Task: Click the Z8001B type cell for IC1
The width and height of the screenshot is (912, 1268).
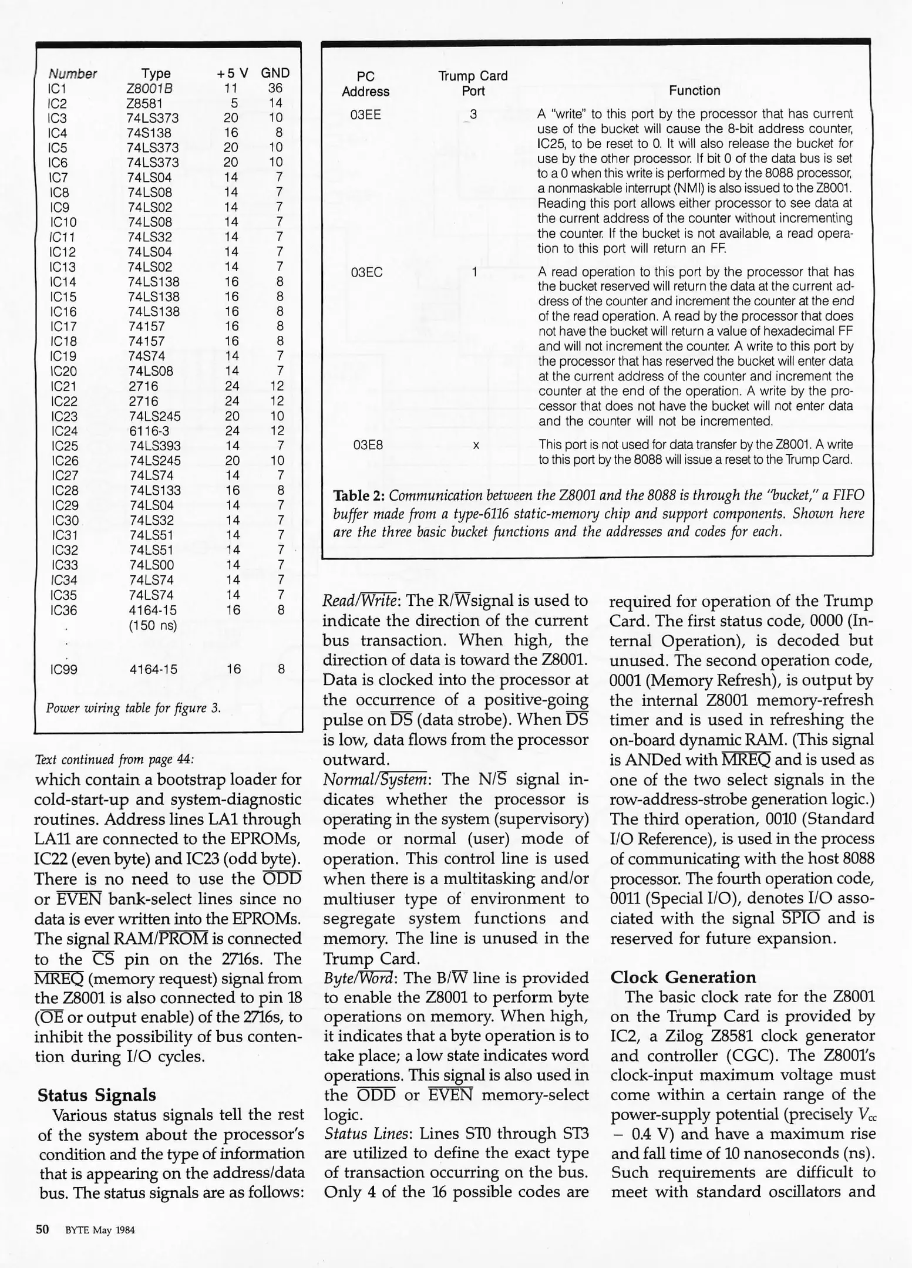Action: (x=149, y=88)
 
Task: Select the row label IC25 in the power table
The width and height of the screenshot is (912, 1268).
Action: (x=65, y=446)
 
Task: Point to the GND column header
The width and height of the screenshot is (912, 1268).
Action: (x=275, y=73)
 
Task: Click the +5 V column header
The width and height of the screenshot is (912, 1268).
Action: (x=232, y=73)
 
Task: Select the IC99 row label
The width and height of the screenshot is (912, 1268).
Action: (x=64, y=669)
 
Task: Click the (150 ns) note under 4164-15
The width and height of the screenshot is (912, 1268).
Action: (x=152, y=626)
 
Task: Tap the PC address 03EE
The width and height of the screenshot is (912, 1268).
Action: (x=365, y=114)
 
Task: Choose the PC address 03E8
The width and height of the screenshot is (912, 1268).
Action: (x=368, y=445)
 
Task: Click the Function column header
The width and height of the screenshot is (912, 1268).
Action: (x=694, y=90)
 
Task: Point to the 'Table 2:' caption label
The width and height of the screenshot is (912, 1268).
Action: (x=359, y=495)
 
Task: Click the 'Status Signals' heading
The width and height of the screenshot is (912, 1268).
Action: (x=97, y=1095)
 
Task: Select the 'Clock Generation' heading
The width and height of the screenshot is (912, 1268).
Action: (x=683, y=977)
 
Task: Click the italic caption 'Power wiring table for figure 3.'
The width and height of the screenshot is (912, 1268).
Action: (x=133, y=708)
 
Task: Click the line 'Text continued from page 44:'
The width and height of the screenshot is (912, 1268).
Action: (x=115, y=759)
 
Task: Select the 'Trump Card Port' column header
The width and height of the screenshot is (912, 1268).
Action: (x=473, y=83)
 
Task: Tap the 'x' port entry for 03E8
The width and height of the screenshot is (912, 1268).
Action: (x=476, y=446)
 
